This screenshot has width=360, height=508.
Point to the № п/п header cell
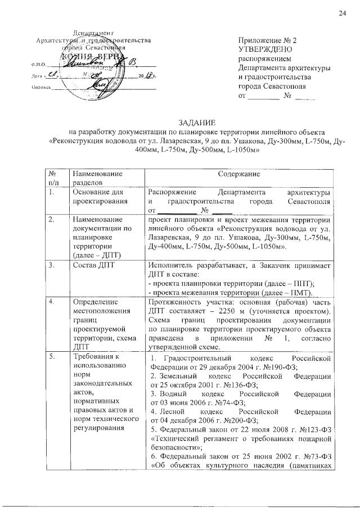click(x=53, y=179)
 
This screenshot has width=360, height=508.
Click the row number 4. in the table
click(x=51, y=302)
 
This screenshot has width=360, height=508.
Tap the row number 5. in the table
click(x=51, y=356)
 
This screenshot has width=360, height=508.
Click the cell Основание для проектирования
click(x=93, y=197)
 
